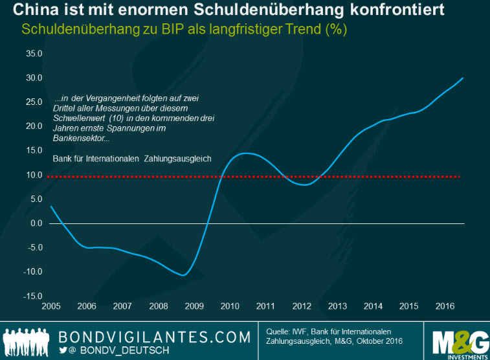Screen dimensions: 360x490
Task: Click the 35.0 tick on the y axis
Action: pyautogui.click(x=33, y=54)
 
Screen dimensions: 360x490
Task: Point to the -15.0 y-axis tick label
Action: pyautogui.click(x=32, y=296)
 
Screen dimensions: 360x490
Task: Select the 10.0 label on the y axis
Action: pyautogui.click(x=33, y=175)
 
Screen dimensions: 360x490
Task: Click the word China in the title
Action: pyautogui.click(x=30, y=11)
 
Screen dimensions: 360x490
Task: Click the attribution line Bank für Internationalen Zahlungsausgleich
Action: pyautogui.click(x=131, y=158)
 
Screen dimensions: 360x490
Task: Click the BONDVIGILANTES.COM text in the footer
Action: pyautogui.click(x=155, y=337)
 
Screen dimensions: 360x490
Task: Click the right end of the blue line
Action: pyautogui.click(x=463, y=78)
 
